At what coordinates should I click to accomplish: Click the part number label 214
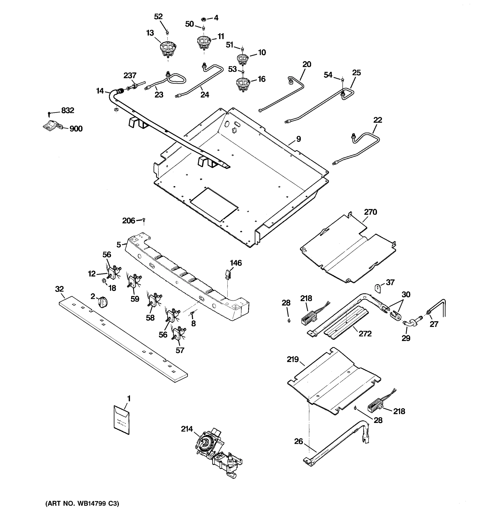click(187, 429)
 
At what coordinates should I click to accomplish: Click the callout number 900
click(76, 129)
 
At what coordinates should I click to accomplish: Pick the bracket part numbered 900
click(52, 126)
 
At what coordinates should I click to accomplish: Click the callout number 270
click(370, 212)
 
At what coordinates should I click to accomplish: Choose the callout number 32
click(59, 289)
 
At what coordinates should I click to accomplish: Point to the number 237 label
click(130, 76)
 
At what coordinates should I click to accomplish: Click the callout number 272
click(365, 333)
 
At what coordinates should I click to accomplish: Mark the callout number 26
click(298, 442)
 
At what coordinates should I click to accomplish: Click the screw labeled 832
click(49, 114)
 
